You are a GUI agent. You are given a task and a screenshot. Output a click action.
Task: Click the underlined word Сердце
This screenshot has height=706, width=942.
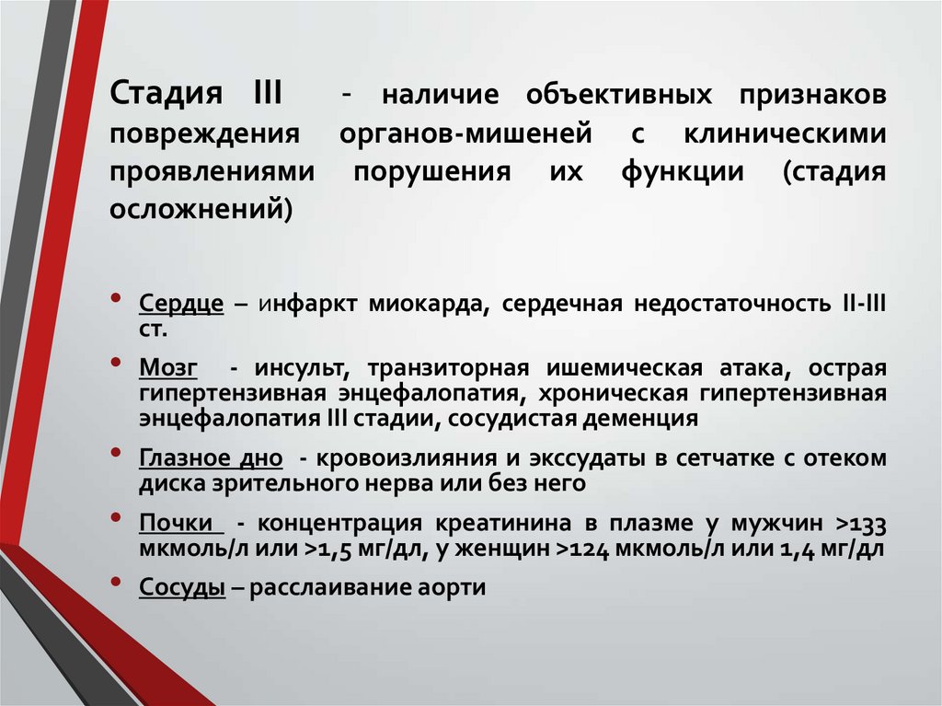tap(182, 305)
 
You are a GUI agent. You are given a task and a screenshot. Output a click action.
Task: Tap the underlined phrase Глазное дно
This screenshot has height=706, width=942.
tap(211, 458)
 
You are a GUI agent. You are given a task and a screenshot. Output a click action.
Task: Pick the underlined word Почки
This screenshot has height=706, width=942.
tap(181, 524)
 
